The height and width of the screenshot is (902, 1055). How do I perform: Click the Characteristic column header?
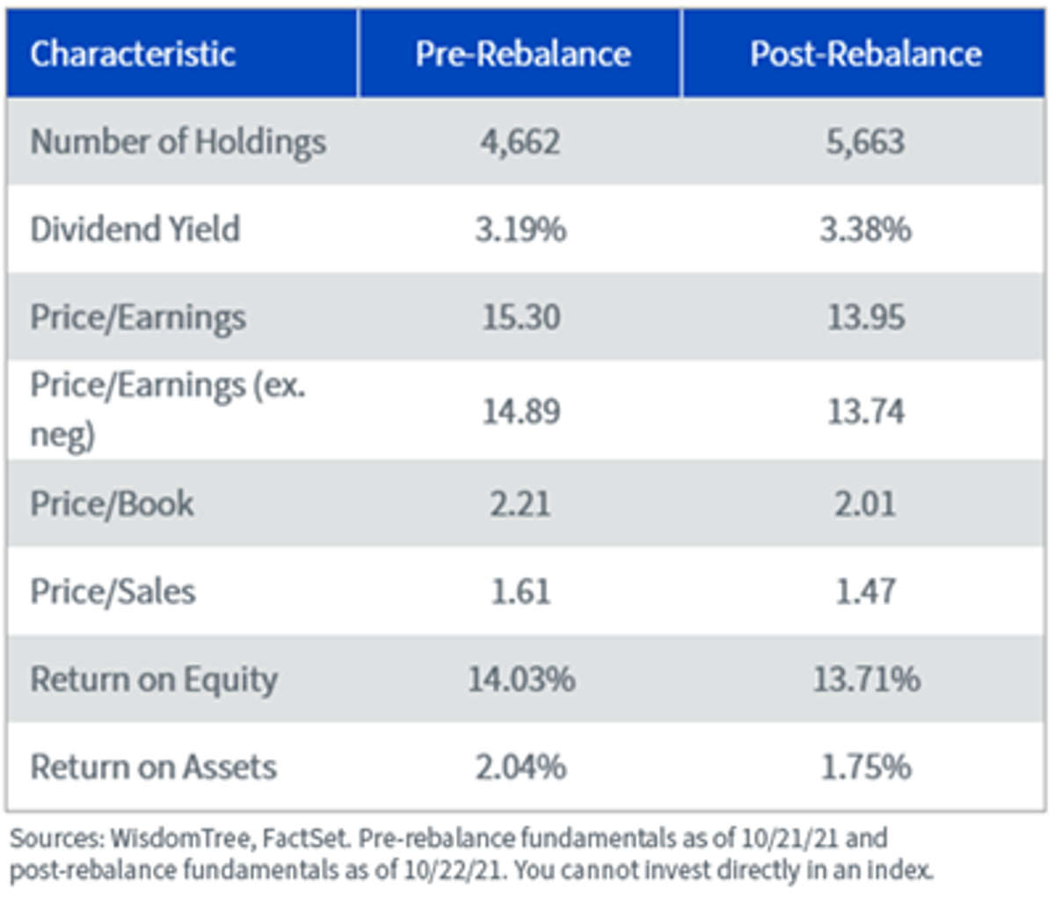(x=133, y=55)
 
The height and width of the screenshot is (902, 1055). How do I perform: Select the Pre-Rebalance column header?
(x=522, y=55)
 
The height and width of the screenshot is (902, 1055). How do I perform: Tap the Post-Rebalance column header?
(x=866, y=55)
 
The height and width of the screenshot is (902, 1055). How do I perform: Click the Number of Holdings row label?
(x=178, y=142)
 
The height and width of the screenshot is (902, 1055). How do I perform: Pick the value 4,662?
(x=520, y=142)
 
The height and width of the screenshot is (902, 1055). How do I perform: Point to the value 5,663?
(x=866, y=142)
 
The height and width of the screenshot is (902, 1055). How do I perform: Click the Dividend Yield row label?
(x=135, y=229)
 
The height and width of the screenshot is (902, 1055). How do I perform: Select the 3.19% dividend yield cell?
(x=521, y=229)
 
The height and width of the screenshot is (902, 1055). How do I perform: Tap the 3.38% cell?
(x=866, y=229)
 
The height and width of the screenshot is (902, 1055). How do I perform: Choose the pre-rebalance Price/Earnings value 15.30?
(x=521, y=317)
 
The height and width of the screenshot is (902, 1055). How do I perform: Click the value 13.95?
(x=866, y=317)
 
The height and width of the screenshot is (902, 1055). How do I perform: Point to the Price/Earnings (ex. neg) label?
(x=167, y=410)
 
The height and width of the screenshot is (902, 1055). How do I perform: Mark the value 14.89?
(x=521, y=411)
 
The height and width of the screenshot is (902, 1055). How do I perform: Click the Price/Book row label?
(x=112, y=505)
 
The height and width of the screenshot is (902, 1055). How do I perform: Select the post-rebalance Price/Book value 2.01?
(x=865, y=505)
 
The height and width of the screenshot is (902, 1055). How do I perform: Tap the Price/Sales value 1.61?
(x=520, y=593)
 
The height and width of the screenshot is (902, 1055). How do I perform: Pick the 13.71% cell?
(x=866, y=680)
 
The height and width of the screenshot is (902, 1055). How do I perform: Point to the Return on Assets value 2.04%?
(x=521, y=767)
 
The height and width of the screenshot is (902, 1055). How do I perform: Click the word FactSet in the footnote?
(x=306, y=839)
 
